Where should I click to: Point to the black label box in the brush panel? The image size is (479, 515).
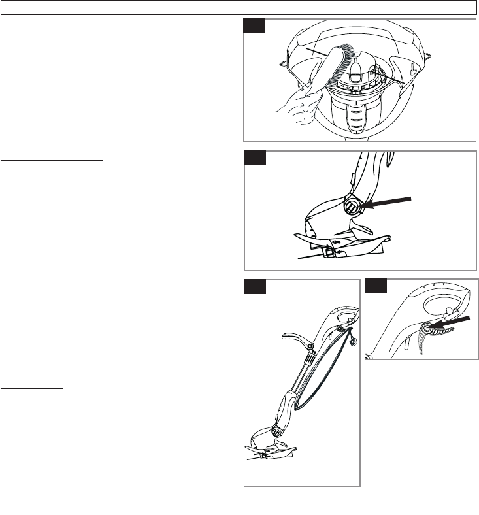point(255,26)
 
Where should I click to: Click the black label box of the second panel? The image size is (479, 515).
point(255,159)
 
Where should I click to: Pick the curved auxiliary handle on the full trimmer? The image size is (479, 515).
point(298,340)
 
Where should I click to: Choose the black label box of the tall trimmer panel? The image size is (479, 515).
point(255,288)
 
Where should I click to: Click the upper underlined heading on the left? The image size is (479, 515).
point(52,159)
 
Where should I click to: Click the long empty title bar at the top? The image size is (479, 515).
point(239,7)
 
